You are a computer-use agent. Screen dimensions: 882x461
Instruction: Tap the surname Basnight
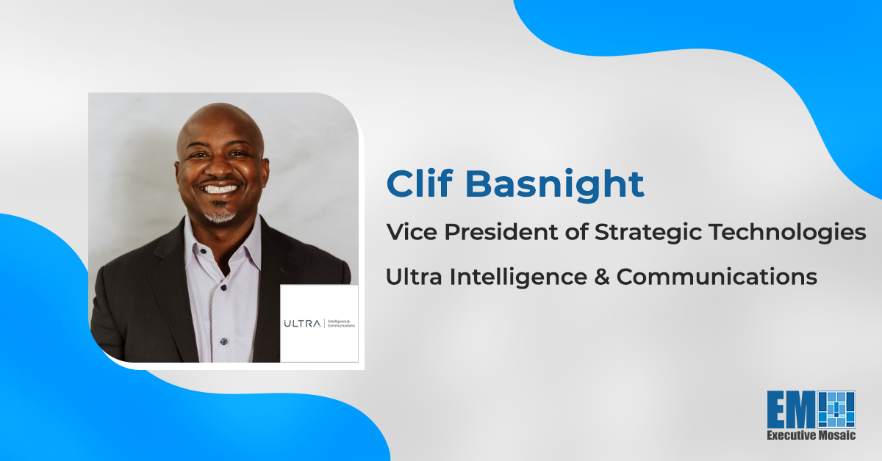pos(555,186)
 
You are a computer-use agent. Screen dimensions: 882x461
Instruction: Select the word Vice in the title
pos(412,232)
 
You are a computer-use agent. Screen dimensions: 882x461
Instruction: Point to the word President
pos(501,232)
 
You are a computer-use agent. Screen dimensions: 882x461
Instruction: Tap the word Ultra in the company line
pos(414,277)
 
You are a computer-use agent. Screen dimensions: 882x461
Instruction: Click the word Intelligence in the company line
pos(518,277)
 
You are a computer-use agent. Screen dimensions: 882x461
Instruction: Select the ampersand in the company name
pos(602,277)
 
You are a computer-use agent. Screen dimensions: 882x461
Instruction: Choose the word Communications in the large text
pos(717,277)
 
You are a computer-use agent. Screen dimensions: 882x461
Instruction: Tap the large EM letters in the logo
pos(792,410)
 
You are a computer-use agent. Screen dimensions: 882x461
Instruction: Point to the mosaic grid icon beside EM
pos(836,410)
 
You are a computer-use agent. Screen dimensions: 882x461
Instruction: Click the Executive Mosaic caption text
pos(811,435)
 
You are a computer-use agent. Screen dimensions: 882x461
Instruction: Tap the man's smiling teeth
pos(219,189)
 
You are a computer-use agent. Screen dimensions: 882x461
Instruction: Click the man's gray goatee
pos(220,215)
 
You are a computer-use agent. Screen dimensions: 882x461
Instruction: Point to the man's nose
pos(220,168)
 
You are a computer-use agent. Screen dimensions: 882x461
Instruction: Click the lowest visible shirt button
pos(223,341)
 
